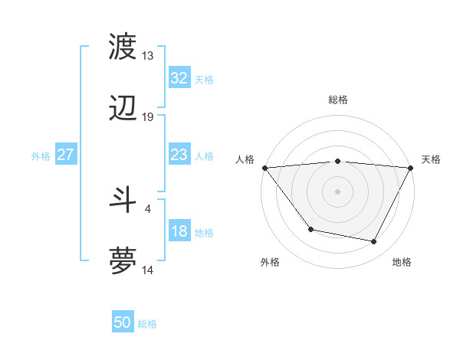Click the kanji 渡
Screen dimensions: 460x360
[x=123, y=46]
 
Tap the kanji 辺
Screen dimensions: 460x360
[x=123, y=109]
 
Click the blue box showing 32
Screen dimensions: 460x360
[x=179, y=78]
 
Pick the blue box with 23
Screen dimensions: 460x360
[x=179, y=155]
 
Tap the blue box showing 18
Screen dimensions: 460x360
[x=179, y=232]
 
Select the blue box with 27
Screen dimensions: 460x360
[x=66, y=155]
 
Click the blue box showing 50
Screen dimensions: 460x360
[x=123, y=322]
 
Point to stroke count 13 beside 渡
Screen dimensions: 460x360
[x=147, y=56]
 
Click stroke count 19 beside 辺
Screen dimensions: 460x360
[x=147, y=117]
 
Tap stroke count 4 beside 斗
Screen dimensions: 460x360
[x=147, y=207]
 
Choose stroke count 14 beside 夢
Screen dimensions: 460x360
[x=147, y=270]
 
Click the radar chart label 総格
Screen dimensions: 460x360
[x=338, y=100]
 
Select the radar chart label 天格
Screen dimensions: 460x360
[x=432, y=159]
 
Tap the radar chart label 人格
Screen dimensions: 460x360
[x=245, y=159]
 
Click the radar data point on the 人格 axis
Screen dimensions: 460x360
[x=264, y=168]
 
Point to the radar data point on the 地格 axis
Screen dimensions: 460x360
[x=374, y=242]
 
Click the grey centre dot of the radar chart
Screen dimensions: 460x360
[x=338, y=191]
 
